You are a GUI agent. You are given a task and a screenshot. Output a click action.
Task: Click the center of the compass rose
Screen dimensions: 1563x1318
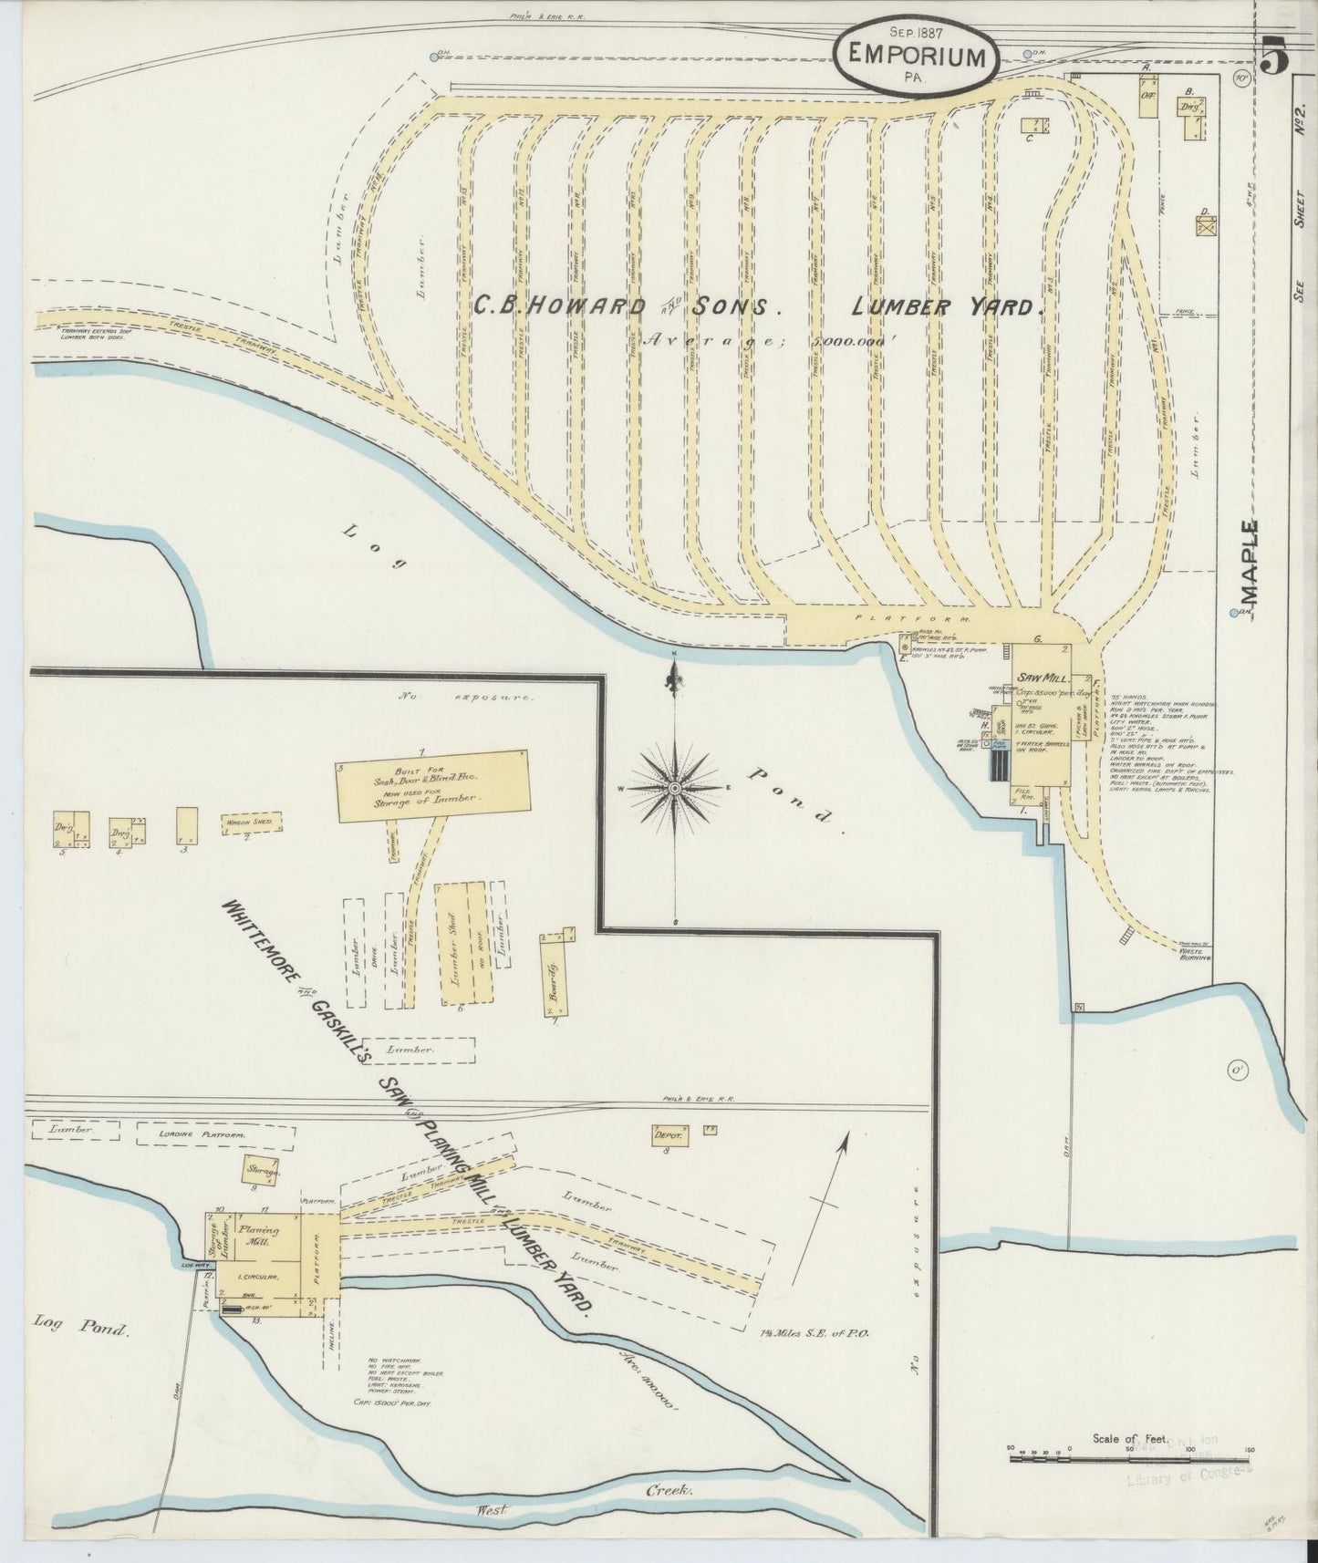tap(674, 788)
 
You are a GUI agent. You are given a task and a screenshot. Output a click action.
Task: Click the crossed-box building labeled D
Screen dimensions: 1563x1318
tap(1207, 228)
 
